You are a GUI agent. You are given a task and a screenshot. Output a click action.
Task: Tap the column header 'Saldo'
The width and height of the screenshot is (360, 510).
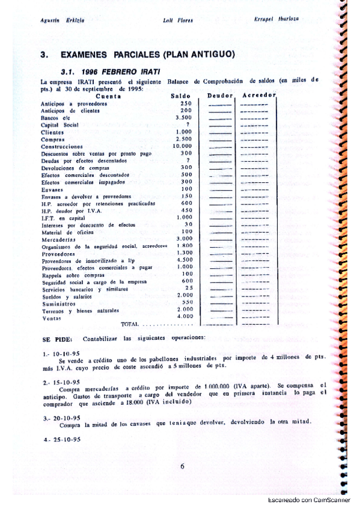pos(180,96)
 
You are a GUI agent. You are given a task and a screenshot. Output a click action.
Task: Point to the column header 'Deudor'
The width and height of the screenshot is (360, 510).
pos(219,96)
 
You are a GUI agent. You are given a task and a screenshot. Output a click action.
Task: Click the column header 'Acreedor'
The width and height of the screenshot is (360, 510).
pos(258,96)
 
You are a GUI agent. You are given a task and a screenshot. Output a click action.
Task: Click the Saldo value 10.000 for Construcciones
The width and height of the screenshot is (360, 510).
pos(182,146)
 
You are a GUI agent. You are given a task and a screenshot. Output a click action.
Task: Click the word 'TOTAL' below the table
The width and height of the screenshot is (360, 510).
pos(130,324)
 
